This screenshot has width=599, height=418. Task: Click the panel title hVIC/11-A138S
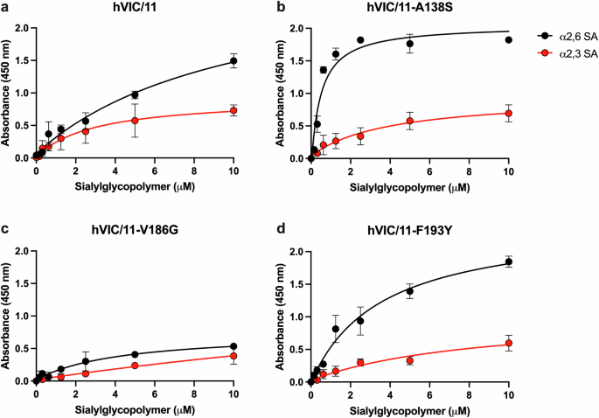point(410,8)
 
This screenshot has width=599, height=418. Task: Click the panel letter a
point(5,7)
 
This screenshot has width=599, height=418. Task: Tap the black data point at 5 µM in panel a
point(135,94)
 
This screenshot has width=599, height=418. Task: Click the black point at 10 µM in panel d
point(509,261)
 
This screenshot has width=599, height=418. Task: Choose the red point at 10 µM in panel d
point(509,344)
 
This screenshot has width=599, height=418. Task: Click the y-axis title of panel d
point(282,316)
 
